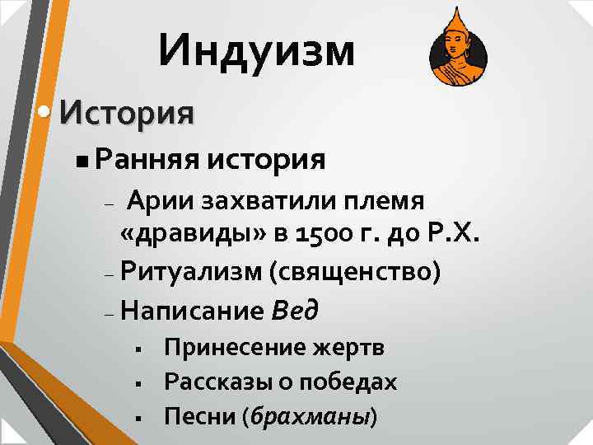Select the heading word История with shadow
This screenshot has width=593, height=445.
(127, 111)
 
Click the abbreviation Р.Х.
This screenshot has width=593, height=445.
(451, 234)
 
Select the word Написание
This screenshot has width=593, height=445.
(191, 310)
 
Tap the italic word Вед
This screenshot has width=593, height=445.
(294, 310)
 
